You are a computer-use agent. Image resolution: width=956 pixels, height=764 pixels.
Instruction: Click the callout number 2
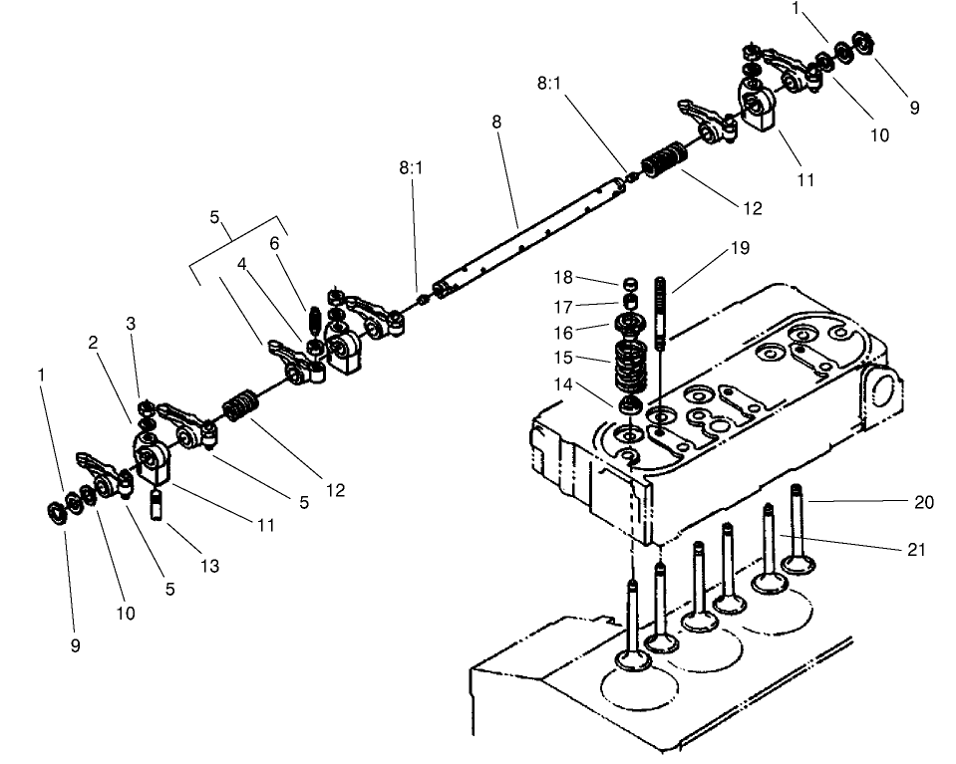coord(93,342)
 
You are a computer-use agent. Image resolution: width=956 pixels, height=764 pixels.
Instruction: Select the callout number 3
coord(131,324)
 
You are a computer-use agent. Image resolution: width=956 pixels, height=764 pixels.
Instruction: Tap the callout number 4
coord(241,264)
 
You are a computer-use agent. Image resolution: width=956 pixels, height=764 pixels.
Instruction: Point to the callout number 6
coord(274,242)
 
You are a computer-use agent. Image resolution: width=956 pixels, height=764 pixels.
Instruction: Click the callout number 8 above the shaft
coord(496,122)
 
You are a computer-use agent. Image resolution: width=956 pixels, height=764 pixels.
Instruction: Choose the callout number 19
coord(739,248)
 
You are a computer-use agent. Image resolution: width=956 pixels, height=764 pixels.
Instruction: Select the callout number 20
coord(924,502)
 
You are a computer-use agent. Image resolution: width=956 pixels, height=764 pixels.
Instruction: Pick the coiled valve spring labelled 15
coord(628,366)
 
